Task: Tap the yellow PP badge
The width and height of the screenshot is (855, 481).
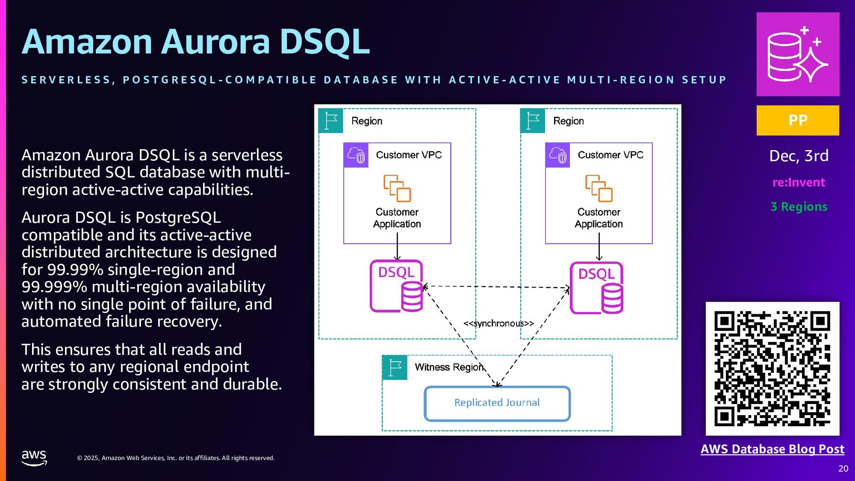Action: coord(798,120)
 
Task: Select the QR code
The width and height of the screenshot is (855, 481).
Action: coord(773,369)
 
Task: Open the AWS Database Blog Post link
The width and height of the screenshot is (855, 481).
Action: coord(773,449)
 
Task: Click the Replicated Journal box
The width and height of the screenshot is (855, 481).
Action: coord(497,404)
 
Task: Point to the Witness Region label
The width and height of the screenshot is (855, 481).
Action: coord(449,367)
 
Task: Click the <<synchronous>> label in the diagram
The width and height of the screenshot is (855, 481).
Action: coord(499,323)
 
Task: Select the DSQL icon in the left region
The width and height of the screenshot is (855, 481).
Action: coord(396,286)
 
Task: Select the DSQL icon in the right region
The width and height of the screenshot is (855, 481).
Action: coord(597,288)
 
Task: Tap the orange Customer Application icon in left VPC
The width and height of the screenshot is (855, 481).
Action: coord(397,188)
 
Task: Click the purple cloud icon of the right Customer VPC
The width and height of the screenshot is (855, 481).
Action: coord(558,155)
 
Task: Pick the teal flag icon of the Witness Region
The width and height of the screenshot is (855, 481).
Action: coord(395,367)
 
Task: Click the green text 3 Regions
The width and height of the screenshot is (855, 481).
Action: coord(799,207)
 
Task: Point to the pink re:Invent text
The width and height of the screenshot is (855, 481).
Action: coord(799,182)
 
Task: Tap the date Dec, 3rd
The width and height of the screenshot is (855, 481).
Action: coord(799,156)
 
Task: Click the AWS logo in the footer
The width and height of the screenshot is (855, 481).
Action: coord(34,457)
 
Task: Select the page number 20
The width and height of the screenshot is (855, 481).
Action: coord(843,469)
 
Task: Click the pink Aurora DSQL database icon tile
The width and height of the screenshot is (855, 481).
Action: coord(798,54)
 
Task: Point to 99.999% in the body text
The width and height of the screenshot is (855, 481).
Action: coord(54,287)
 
